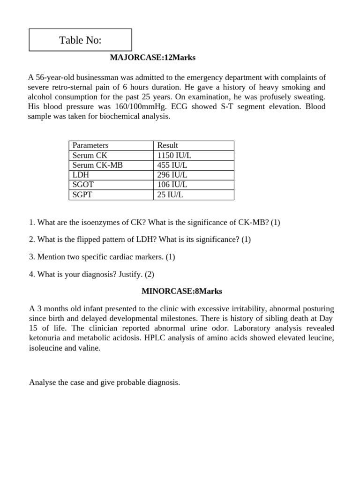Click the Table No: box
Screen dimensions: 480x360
80,40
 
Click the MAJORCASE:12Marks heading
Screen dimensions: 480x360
152,58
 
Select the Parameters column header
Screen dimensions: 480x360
90,145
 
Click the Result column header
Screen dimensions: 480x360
167,145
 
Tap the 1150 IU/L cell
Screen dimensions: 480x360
174,155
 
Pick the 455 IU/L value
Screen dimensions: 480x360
172,165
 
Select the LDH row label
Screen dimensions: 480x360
81,175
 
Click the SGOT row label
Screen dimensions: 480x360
83,185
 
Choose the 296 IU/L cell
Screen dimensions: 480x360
172,175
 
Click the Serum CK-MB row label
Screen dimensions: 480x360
97,165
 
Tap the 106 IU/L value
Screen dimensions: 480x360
172,185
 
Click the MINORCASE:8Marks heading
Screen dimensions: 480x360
182,291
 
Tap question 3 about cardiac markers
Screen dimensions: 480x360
102,257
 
